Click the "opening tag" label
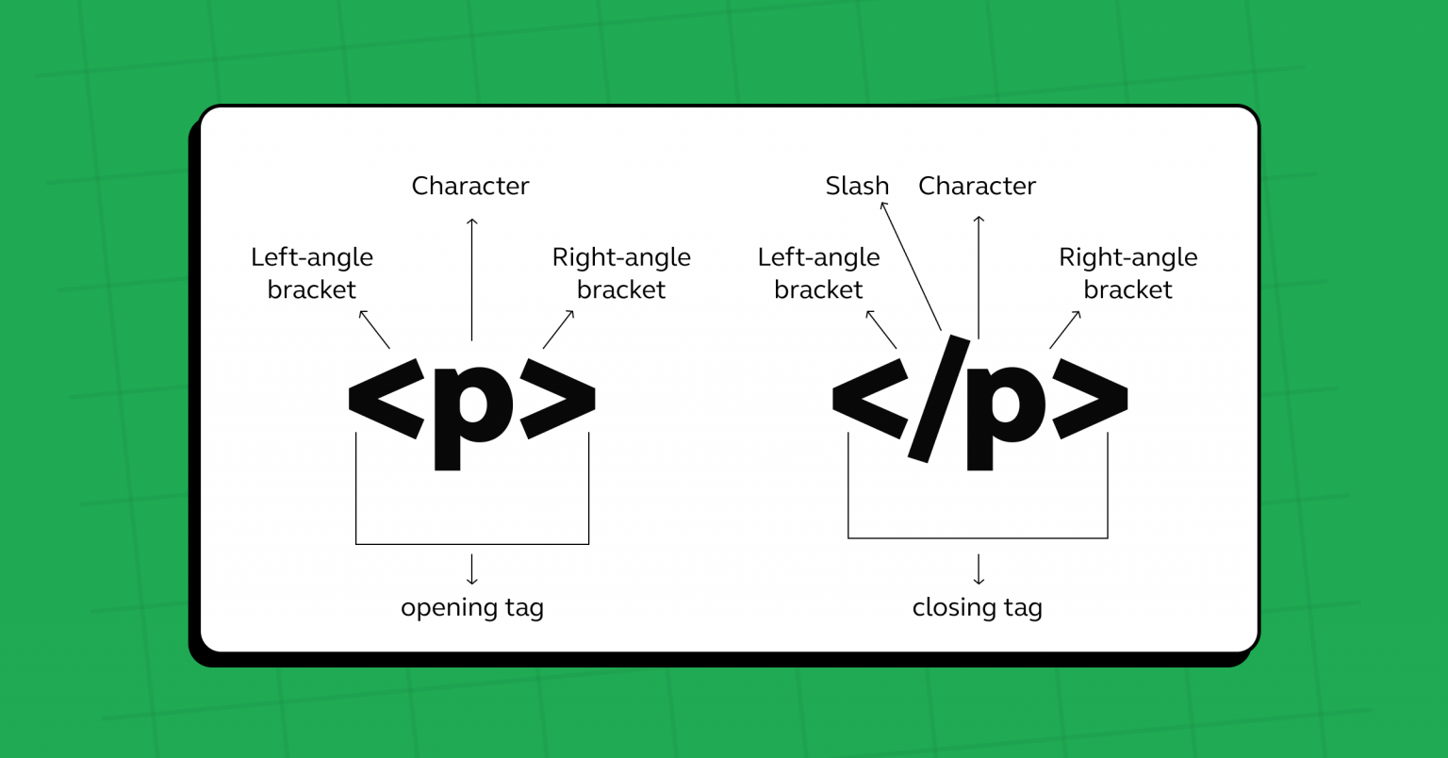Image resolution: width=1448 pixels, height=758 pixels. (472, 607)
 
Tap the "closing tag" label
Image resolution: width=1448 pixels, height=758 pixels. (977, 607)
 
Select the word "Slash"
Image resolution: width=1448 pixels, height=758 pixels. (857, 186)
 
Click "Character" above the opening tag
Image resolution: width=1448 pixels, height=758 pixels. (470, 186)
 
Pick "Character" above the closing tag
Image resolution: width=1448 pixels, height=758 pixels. (977, 186)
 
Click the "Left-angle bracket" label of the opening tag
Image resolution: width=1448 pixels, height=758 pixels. (312, 273)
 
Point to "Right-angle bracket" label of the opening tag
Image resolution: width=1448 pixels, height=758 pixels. (621, 273)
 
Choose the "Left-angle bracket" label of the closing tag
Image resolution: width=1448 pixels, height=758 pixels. (818, 273)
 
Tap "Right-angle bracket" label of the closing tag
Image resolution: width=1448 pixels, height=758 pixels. (1127, 273)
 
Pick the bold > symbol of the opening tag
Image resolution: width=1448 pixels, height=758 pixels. (558, 398)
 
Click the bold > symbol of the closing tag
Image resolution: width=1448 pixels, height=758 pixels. (1090, 398)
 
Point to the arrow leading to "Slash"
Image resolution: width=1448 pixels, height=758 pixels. (911, 266)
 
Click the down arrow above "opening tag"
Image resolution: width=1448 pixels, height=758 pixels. (472, 569)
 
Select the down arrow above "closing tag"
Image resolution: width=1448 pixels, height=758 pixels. (979, 569)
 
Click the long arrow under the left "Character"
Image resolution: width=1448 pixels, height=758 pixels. (472, 279)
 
